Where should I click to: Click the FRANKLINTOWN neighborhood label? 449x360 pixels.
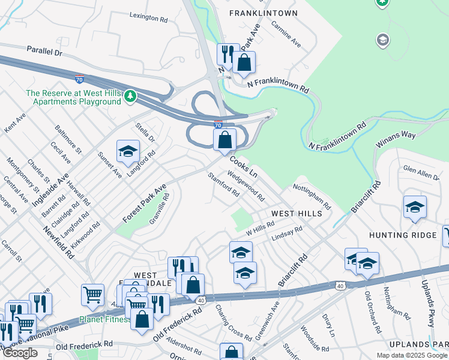[263, 13]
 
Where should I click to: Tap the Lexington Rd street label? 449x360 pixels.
[148, 19]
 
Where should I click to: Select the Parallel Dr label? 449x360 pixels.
[44, 52]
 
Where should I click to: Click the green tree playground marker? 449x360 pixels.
[130, 96]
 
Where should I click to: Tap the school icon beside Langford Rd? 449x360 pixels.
[128, 152]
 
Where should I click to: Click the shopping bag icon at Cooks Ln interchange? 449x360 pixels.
[224, 140]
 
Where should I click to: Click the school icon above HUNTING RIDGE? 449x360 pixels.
[415, 207]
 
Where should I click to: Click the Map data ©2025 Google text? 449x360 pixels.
[412, 355]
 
